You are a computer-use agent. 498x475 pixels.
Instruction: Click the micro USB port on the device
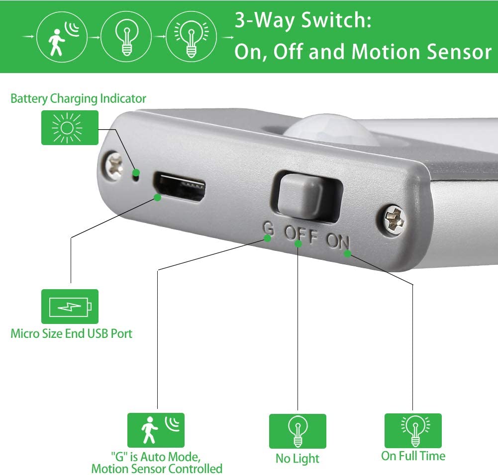(180, 187)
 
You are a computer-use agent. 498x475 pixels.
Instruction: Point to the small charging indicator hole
(135, 173)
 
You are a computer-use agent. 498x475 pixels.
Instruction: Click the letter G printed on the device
(268, 229)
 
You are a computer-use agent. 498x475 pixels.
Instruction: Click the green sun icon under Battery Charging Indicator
(70, 128)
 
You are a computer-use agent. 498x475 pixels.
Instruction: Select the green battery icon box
(70, 307)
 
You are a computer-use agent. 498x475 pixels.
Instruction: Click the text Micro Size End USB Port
(72, 333)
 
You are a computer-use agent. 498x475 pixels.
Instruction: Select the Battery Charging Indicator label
(78, 98)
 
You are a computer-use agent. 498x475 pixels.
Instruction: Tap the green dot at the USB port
(158, 198)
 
